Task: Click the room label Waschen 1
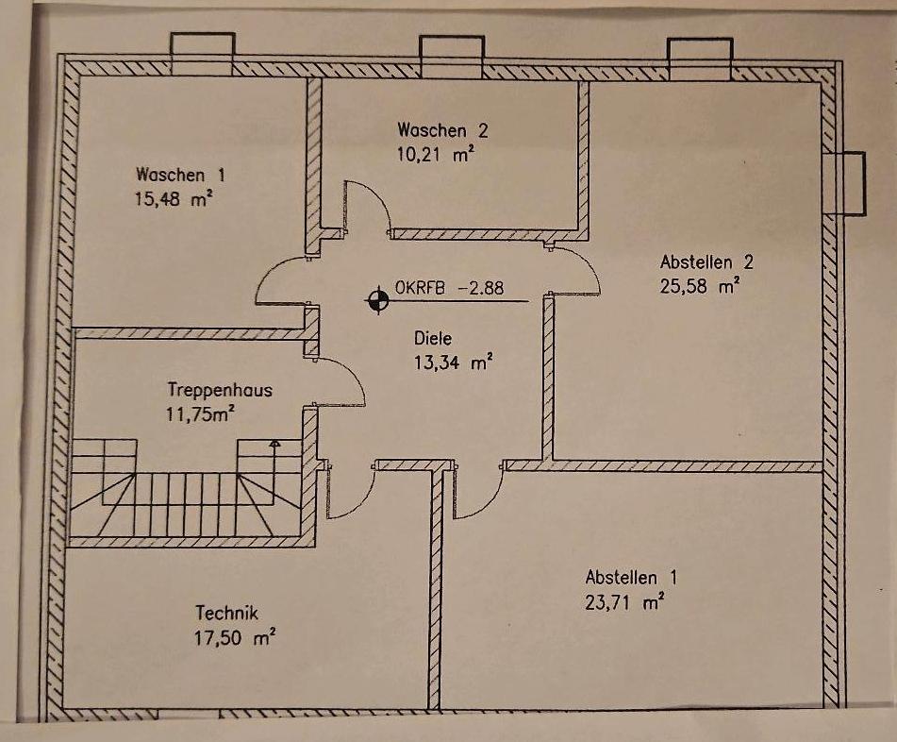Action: [x=180, y=175]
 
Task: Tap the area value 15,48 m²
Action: [x=174, y=198]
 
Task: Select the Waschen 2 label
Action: [x=442, y=130]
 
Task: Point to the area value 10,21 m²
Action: [x=436, y=154]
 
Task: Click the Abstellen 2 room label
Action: [x=706, y=262]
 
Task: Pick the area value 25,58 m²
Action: [x=700, y=286]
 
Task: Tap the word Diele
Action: [x=433, y=338]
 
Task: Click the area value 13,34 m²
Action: [x=454, y=363]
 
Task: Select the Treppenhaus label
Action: [x=220, y=390]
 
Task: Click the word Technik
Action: [x=226, y=614]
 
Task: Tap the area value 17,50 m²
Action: [x=235, y=637]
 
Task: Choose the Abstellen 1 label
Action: [x=631, y=577]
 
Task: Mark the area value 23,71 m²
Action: [x=624, y=602]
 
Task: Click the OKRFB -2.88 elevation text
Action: [x=450, y=287]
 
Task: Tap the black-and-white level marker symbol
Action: [x=377, y=300]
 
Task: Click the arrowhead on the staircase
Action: [x=275, y=443]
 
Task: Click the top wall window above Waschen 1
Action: [x=203, y=55]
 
